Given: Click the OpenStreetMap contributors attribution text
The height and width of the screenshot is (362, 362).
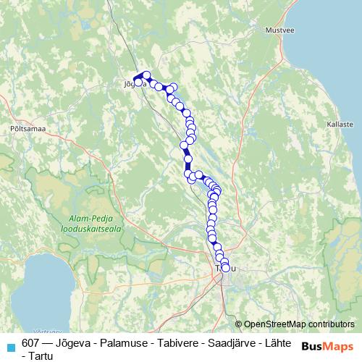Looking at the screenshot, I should pyautogui.click(x=299, y=324).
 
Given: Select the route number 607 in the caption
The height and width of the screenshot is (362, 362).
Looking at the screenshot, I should pyautogui.click(x=31, y=343).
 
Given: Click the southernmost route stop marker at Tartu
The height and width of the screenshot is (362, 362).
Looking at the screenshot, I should pyautogui.click(x=226, y=269).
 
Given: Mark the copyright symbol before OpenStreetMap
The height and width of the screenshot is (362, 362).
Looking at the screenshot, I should pyautogui.click(x=238, y=324).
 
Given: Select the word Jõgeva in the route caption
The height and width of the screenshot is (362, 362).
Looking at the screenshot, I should pyautogui.click(x=73, y=343).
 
